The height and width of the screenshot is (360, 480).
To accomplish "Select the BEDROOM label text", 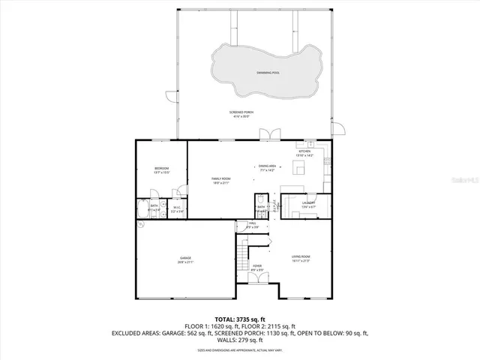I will (161, 169).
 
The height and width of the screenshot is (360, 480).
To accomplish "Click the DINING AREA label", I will (268, 167).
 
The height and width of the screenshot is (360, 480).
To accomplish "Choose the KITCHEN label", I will (305, 152).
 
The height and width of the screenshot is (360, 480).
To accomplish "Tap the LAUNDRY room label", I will (307, 204).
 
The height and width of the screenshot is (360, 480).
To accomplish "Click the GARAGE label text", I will (185, 259).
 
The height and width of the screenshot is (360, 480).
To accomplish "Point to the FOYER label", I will (257, 267).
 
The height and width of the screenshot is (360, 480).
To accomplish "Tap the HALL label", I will (253, 224).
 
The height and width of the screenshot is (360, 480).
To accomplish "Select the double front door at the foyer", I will (257, 279).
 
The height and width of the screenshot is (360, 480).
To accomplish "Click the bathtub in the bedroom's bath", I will (142, 208).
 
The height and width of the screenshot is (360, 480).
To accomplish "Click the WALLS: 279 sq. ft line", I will (240, 342).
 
